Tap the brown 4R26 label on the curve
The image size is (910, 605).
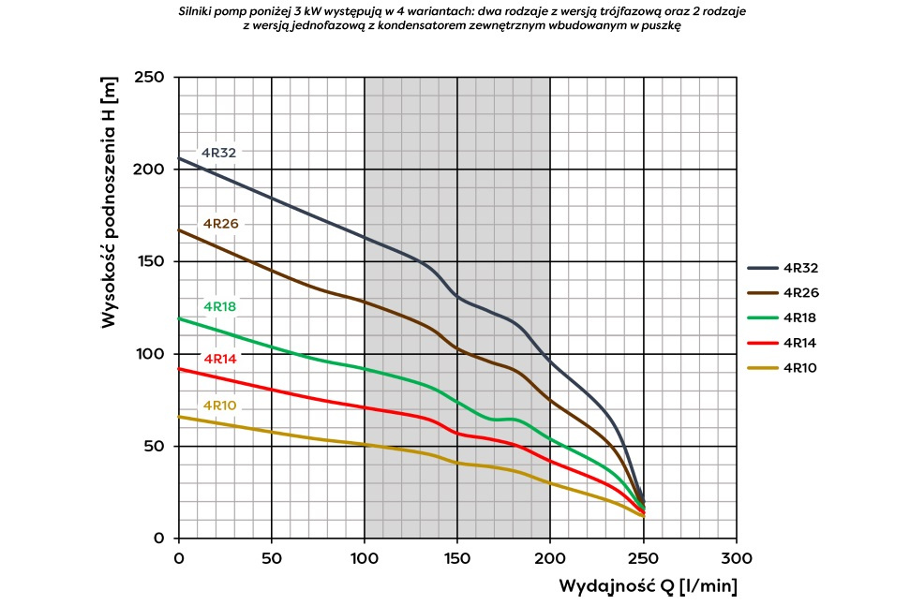(221, 224)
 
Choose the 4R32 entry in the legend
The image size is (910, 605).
(800, 268)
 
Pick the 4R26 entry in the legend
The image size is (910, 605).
(800, 292)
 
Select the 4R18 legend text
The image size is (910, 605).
(800, 317)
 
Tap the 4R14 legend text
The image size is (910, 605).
(800, 343)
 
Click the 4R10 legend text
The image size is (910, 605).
(800, 368)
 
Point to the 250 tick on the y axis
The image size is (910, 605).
(151, 77)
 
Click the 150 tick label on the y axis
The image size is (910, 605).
(151, 261)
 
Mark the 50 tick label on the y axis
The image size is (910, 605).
(156, 446)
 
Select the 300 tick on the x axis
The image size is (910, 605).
(736, 558)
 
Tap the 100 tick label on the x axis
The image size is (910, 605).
(365, 558)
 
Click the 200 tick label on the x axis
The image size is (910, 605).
(550, 558)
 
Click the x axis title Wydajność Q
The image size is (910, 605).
(648, 587)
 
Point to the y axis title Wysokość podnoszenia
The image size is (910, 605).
(110, 201)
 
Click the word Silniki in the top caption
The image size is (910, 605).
(199, 11)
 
